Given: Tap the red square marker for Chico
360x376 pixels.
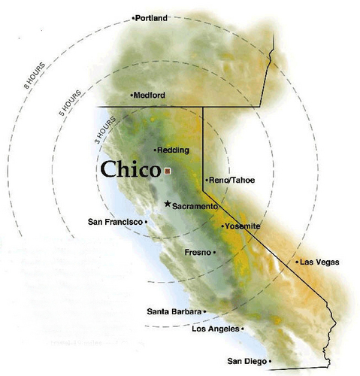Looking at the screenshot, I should (168, 171).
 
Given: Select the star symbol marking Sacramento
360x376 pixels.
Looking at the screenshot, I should (167, 204).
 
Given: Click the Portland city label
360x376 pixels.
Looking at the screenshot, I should (152, 17).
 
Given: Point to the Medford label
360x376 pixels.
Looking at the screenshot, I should (150, 96).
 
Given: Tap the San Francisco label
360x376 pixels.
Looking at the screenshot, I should (115, 222).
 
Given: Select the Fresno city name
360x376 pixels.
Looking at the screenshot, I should (198, 253).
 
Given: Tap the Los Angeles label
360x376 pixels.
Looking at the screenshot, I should (216, 329).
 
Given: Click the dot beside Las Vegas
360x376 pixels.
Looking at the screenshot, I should (296, 262).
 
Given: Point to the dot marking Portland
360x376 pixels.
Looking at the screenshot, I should (133, 17).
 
